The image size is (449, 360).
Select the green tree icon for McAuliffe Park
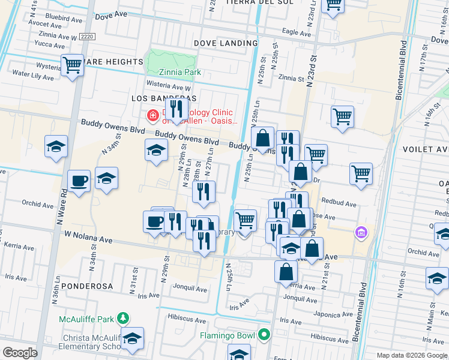[123, 317]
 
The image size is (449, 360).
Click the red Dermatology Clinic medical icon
[153, 115]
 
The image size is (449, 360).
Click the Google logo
[20, 353]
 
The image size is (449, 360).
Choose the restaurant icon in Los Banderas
[176, 109]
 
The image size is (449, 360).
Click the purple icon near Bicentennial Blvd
[361, 232]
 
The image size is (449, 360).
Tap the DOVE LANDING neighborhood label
[226, 43]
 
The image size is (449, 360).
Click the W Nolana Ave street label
[89, 239]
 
